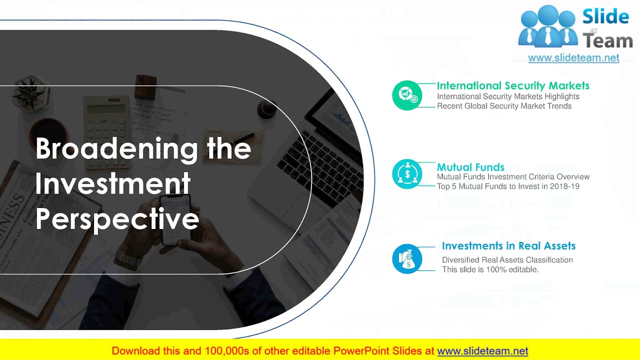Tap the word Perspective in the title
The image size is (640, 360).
tap(117, 219)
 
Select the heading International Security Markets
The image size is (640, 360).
tap(513, 85)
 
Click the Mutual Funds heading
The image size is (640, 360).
tap(470, 167)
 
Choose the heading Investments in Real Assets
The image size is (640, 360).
tap(508, 245)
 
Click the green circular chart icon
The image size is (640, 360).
tap(407, 95)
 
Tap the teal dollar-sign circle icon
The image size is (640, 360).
tap(407, 173)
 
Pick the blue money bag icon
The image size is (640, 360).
tap(407, 258)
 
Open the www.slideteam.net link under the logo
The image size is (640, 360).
tap(573, 58)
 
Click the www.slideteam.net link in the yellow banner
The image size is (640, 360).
tap(482, 351)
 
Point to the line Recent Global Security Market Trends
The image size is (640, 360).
tap(504, 106)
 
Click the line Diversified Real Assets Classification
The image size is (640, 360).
tap(507, 260)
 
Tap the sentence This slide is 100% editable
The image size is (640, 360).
tap(490, 269)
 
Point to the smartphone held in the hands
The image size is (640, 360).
tap(175, 220)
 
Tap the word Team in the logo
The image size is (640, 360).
tap(607, 41)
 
